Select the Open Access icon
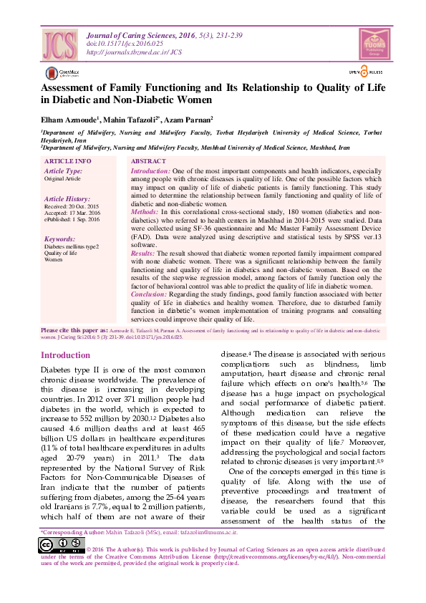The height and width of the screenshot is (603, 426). point(366,72)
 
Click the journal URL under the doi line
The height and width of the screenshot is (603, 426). point(134,52)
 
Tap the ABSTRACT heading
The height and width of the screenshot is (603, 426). point(149,162)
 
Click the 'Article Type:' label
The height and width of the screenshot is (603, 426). point(63,171)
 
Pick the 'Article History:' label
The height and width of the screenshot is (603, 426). point(67,198)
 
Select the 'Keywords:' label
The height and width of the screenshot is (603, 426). point(59,238)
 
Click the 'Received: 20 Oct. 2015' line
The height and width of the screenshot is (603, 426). point(72,206)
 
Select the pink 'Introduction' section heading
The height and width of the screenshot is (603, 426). point(65,355)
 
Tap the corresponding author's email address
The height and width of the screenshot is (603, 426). point(213,532)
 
